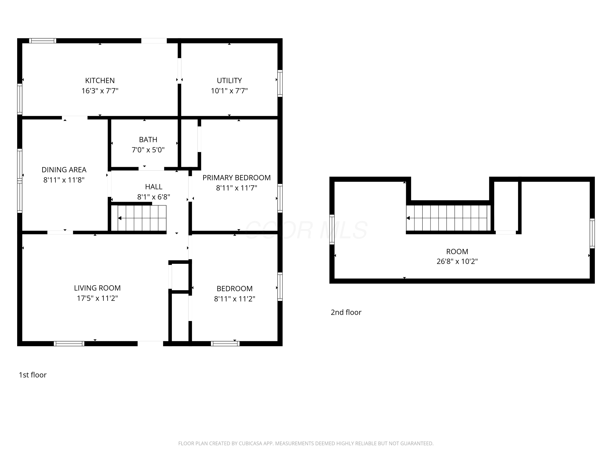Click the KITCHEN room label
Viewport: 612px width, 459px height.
tap(100, 81)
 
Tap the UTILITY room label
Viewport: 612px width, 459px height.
tap(229, 81)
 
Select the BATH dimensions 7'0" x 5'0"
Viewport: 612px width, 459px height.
tap(148, 150)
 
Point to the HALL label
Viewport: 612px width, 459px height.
tap(154, 187)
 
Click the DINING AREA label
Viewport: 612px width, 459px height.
tap(64, 170)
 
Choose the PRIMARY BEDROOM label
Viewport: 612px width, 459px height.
tap(237, 178)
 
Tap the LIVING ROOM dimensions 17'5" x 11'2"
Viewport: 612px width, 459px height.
tap(97, 298)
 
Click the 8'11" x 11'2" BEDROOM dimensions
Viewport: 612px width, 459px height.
tap(235, 299)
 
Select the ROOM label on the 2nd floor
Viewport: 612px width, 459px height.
tap(457, 252)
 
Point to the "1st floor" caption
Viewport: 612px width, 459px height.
tap(33, 375)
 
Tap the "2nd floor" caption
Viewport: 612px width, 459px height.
tap(346, 312)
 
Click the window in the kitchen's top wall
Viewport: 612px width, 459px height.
tap(43, 41)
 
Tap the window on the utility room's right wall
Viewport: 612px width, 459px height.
tap(280, 83)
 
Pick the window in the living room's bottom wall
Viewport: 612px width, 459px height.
tap(69, 344)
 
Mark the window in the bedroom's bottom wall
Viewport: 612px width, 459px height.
tap(225, 344)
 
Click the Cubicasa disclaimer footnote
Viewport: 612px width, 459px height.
tap(306, 443)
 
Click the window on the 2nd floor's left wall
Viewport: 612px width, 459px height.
tap(332, 229)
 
